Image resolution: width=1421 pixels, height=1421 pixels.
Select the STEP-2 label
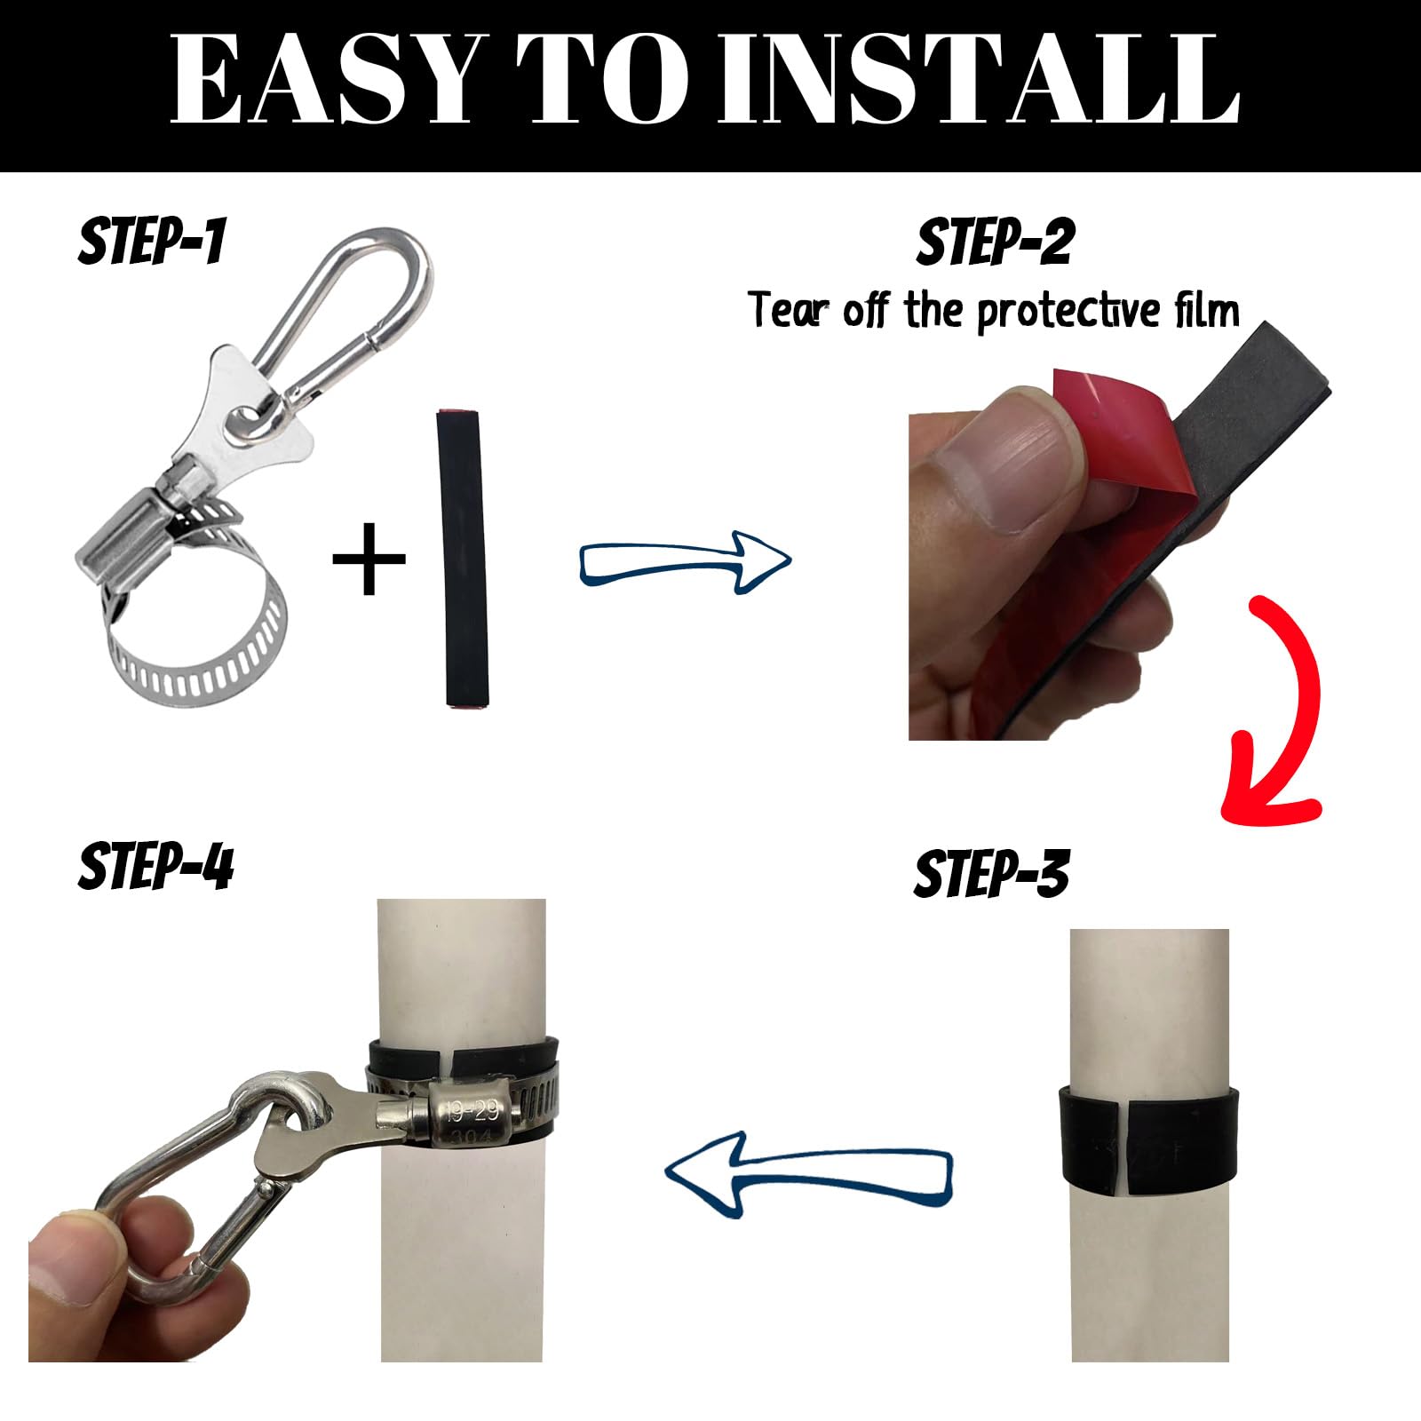click(995, 242)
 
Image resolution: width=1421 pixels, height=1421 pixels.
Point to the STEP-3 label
click(991, 873)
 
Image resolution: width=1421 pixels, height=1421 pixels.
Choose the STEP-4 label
click(155, 866)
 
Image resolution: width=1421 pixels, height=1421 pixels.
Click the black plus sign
click(369, 558)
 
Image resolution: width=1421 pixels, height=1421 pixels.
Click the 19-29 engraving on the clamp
click(472, 1109)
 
